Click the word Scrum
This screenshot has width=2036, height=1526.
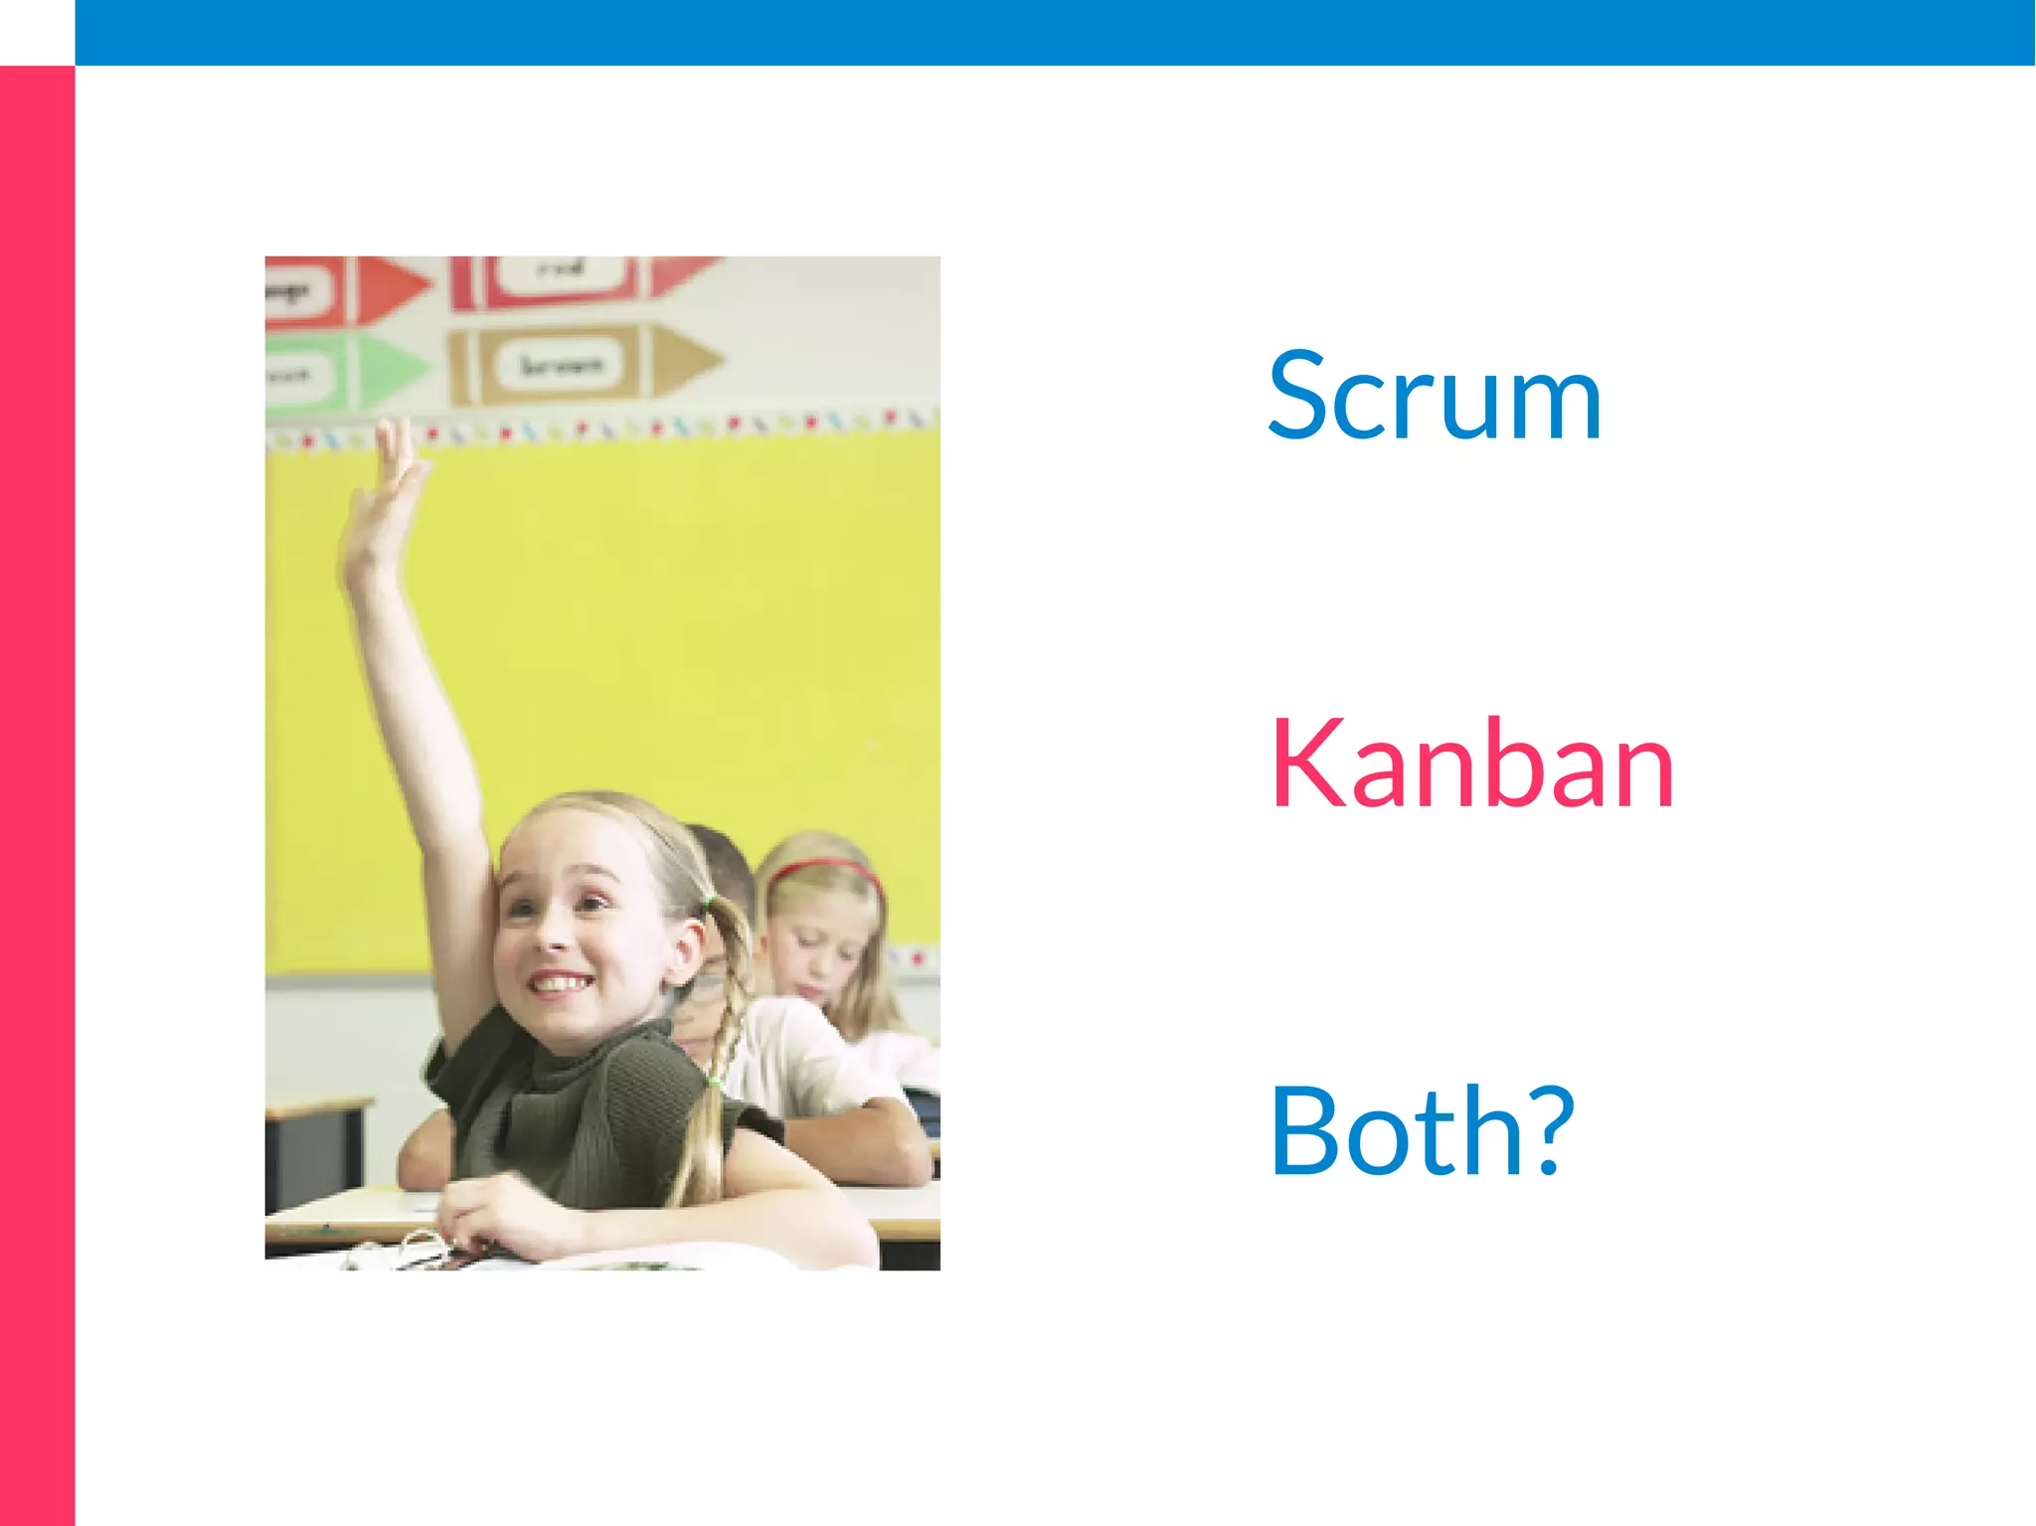[1434, 396]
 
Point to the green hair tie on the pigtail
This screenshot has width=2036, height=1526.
[709, 903]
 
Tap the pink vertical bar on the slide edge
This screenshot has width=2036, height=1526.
[37, 795]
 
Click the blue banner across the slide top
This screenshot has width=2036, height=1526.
[1054, 32]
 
